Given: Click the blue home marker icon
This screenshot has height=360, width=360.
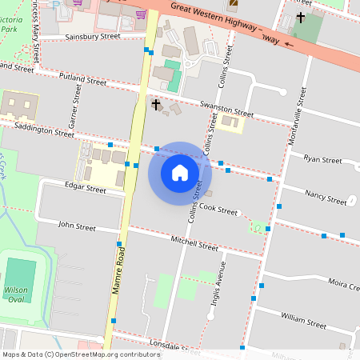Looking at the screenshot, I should tap(180, 172).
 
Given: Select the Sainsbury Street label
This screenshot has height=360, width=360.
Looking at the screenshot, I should tap(92, 37).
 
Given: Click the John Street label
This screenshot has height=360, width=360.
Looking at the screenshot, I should tap(77, 227).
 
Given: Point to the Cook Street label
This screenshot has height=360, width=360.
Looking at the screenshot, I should tap(218, 210).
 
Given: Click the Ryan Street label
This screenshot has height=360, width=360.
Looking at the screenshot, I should tap(322, 159).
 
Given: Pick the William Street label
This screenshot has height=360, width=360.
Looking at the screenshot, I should tap(303, 322).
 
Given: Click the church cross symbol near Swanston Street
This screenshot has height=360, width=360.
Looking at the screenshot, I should tap(157, 102).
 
